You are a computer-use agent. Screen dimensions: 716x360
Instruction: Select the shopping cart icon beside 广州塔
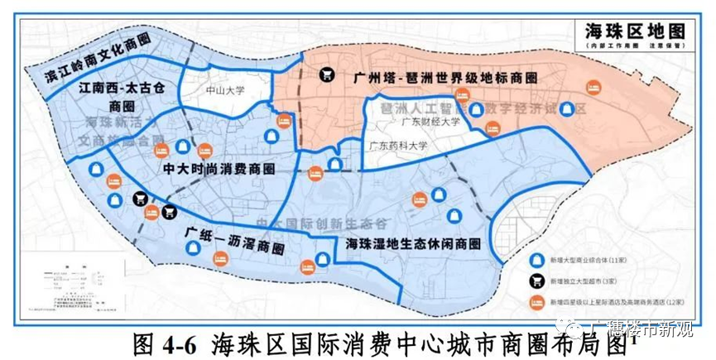tap(328, 73)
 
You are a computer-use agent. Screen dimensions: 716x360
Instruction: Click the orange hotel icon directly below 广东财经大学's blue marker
tap(493, 128)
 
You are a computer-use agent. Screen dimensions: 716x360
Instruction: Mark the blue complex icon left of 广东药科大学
tap(334, 164)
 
